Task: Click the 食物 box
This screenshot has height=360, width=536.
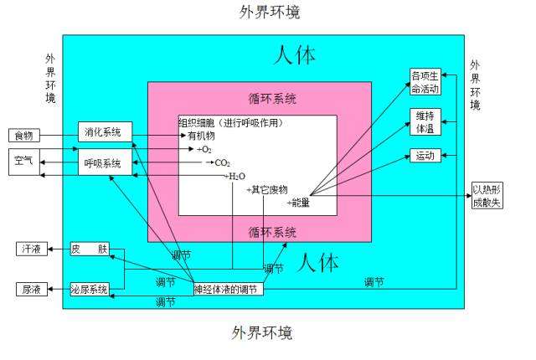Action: click(x=24, y=136)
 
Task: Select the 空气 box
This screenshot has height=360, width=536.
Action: click(x=24, y=162)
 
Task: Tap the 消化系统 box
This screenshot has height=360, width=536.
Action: click(x=105, y=131)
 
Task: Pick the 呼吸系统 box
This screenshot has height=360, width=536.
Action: click(x=105, y=162)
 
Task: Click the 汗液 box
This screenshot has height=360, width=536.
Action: click(x=32, y=249)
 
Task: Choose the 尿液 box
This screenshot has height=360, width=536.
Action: click(x=32, y=290)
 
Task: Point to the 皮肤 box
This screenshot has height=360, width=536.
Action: click(x=90, y=249)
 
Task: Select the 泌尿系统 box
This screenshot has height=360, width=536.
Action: click(x=90, y=290)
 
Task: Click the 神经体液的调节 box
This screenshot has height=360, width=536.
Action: click(x=229, y=290)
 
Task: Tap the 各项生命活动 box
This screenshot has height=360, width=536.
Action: click(x=425, y=82)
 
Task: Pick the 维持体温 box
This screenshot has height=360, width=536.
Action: click(x=425, y=122)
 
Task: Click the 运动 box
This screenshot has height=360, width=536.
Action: click(x=425, y=156)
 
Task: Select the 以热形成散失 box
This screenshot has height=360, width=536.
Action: click(x=487, y=195)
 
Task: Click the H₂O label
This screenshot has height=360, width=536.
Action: click(x=236, y=177)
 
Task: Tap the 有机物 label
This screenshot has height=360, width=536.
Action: click(x=201, y=136)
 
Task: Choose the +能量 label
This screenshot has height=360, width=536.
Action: click(x=298, y=203)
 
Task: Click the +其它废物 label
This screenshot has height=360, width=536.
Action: click(x=267, y=189)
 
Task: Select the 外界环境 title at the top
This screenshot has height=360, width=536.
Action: click(x=270, y=12)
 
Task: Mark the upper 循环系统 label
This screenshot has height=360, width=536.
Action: click(x=272, y=99)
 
